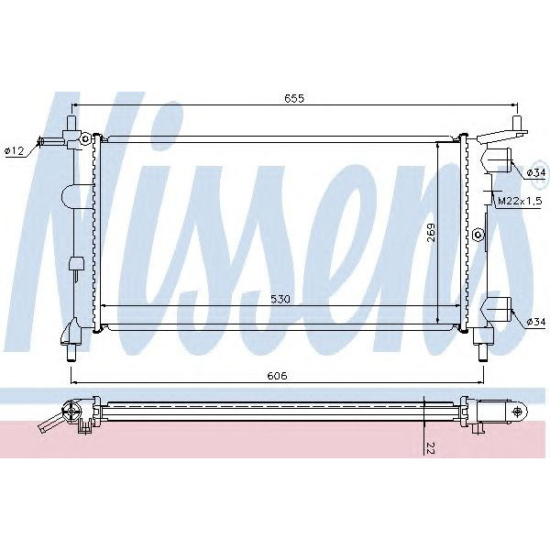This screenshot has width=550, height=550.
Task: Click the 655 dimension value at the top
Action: coord(292,98)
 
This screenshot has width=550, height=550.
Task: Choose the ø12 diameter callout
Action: coord(14,151)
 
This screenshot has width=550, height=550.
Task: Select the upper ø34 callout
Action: coord(536,172)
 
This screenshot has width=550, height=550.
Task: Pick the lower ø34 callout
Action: coord(536,321)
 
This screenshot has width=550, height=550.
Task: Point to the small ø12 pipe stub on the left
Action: coord(43,142)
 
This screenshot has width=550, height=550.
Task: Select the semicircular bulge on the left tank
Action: coord(70,195)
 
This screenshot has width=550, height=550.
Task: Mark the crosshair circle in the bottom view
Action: coord(518,411)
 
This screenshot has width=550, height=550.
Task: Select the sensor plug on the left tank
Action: coord(76,265)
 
